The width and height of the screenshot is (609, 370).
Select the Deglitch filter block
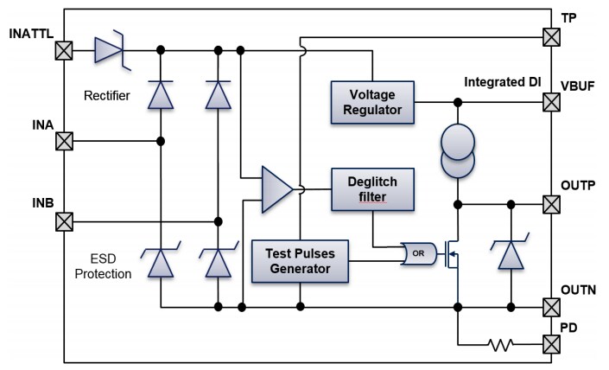click(x=372, y=189)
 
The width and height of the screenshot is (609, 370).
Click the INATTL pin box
click(x=63, y=50)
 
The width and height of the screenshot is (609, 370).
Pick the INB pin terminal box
click(x=63, y=221)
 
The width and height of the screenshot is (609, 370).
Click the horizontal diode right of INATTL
click(x=110, y=50)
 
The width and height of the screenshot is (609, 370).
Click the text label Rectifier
click(x=108, y=95)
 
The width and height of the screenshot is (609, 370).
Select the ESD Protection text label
click(x=102, y=265)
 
